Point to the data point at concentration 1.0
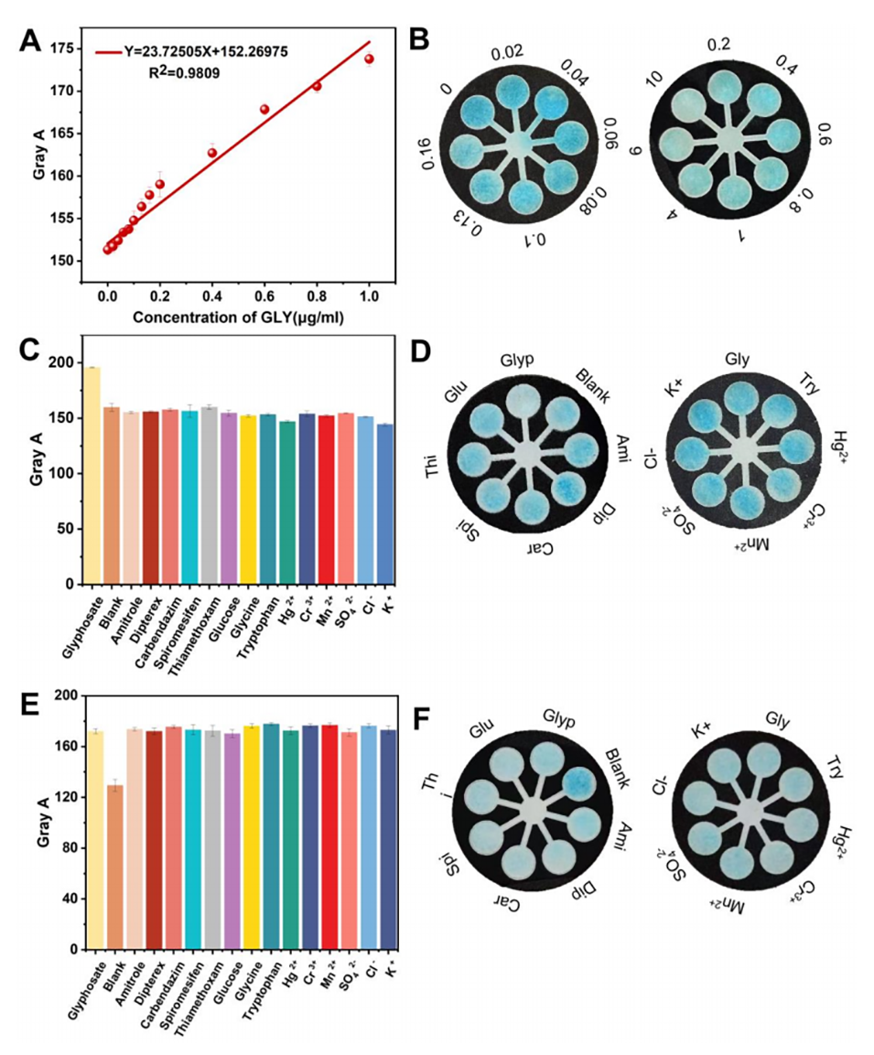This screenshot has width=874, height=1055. pos(369,59)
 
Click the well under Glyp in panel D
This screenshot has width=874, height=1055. pos(524,401)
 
